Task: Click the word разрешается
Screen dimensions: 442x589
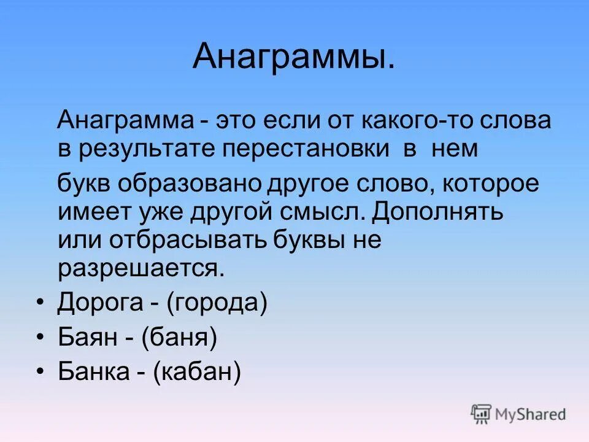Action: click(x=138, y=268)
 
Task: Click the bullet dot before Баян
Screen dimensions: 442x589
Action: click(x=40, y=338)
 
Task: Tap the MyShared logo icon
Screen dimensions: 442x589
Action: click(x=482, y=414)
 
